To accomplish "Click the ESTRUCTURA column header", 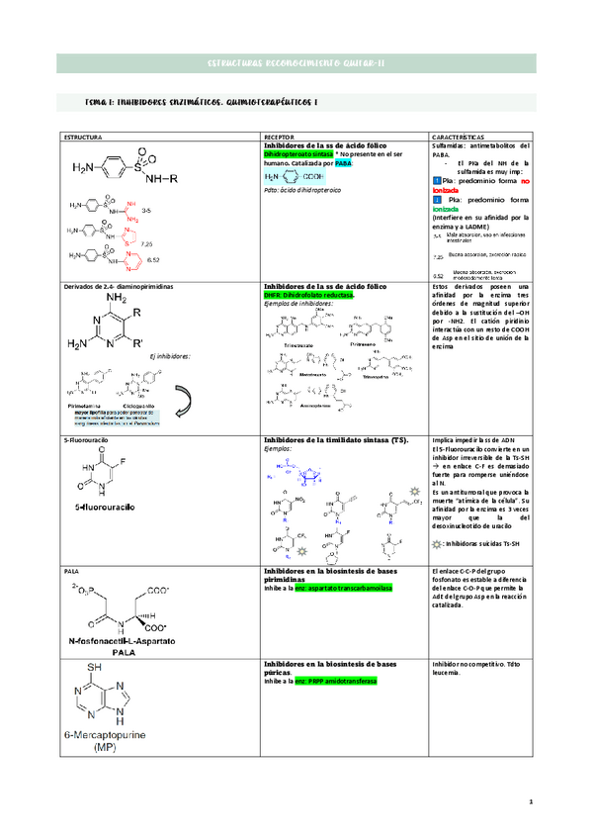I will point(82,135).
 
